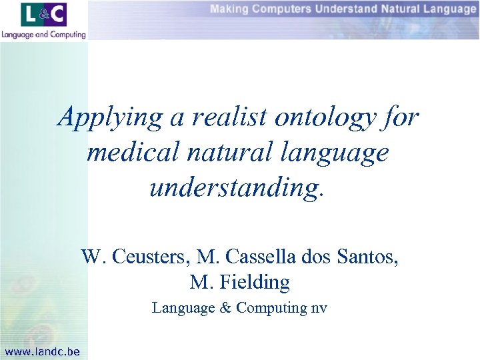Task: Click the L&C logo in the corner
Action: click(x=43, y=15)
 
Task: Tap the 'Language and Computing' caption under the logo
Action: click(x=43, y=34)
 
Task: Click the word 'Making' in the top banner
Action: click(x=229, y=9)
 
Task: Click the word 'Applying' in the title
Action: click(x=109, y=119)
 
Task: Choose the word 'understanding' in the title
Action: click(x=235, y=188)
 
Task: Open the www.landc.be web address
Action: click(x=41, y=351)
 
